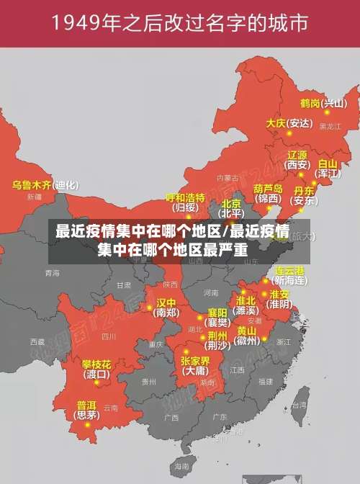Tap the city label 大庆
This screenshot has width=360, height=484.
[276, 123]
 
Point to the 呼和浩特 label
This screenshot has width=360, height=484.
[185, 197]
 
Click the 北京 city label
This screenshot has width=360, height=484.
[231, 204]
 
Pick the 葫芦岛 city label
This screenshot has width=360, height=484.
[269, 189]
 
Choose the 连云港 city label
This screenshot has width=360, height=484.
[289, 270]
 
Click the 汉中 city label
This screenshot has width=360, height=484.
[166, 302]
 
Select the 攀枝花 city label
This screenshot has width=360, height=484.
[96, 364]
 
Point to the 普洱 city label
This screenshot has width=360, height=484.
[86, 405]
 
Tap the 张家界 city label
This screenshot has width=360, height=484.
[195, 361]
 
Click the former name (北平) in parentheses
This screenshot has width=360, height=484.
[231, 214]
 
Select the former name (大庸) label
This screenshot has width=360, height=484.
[195, 371]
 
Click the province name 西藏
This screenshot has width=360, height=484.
[37, 341]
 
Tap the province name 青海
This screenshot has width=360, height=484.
[52, 273]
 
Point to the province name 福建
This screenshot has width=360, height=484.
[266, 382]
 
